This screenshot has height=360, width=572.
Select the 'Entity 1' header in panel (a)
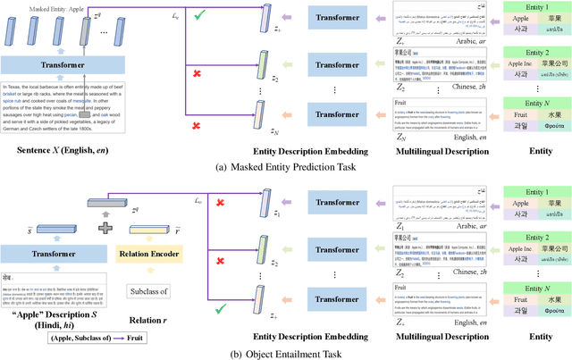tap(530, 7)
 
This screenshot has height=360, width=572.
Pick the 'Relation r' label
tap(149, 315)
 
